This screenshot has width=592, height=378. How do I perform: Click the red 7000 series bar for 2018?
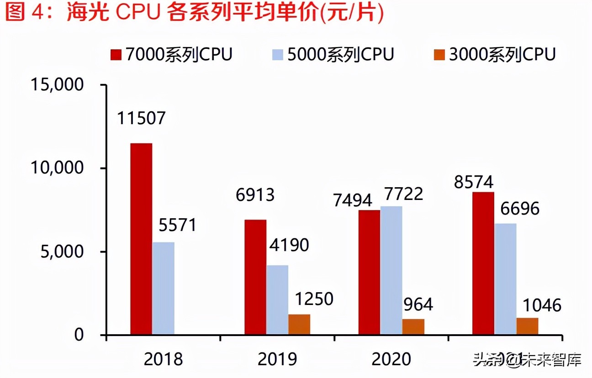[141, 239]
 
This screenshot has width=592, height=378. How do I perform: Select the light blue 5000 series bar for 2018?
[163, 289]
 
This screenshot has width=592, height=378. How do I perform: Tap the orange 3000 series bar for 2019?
[299, 325]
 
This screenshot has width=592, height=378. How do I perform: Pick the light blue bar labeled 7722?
[391, 271]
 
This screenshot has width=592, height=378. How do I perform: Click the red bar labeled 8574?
[483, 263]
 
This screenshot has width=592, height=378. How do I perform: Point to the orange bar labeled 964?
[413, 327]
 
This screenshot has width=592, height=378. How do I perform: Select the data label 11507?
[141, 119]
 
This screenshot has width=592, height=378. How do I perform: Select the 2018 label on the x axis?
[163, 359]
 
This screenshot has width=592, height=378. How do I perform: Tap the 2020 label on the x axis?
[391, 359]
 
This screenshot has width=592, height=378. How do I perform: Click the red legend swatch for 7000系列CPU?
[116, 55]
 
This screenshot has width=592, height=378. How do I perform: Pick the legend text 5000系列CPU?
[340, 54]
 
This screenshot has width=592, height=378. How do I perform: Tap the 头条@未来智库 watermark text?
[527, 360]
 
